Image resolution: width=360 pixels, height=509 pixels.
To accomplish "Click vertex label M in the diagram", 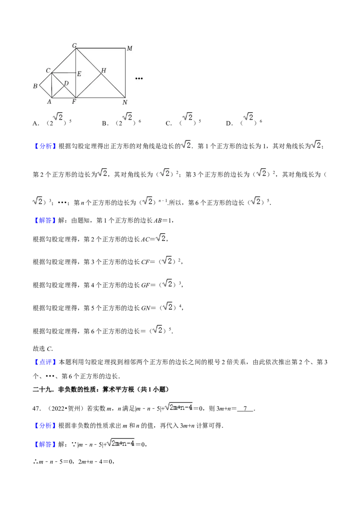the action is tap(130, 49).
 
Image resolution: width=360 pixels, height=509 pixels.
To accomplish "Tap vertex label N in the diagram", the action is tap(125, 103).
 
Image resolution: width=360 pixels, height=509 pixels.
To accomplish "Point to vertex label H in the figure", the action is tap(103, 71).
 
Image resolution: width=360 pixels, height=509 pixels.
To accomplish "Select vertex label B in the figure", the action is tap(35, 86).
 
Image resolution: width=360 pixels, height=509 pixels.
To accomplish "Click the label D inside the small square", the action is tap(66, 84).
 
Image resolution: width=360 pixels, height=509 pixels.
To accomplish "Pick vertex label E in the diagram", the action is tap(79, 74).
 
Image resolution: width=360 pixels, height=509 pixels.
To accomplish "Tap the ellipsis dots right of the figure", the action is tap(139, 79).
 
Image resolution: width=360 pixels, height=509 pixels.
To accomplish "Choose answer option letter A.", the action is tap(35, 123).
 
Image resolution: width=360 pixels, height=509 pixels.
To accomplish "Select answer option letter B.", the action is tap(104, 123).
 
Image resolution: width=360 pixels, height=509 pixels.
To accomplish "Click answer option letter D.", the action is tap(229, 123).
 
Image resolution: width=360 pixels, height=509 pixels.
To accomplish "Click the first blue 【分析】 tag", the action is tap(45, 146).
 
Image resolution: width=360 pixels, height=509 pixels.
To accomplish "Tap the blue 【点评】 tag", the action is tap(45, 362).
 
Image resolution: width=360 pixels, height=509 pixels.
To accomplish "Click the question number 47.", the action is tap(36, 408).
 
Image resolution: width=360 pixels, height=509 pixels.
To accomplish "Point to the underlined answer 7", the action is tap(245, 408).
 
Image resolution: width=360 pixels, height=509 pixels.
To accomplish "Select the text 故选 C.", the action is tap(43, 348).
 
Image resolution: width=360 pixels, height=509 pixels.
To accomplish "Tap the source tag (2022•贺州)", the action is tap(65, 408).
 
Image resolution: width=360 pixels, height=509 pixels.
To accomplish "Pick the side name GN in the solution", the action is tap(146, 308).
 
